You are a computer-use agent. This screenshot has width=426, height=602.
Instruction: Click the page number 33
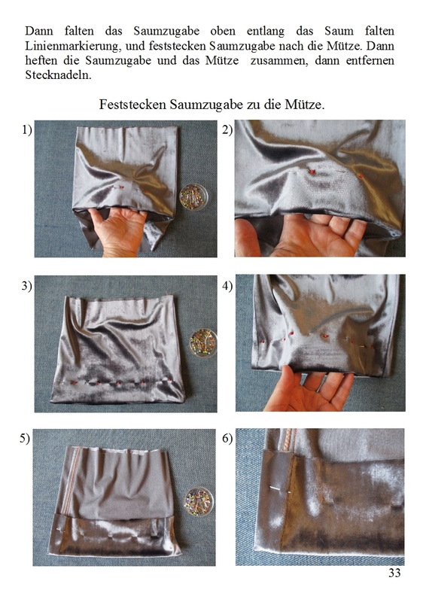[394, 573]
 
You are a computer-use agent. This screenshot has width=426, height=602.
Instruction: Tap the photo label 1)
[27, 130]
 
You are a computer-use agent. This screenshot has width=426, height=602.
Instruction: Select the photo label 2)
[227, 130]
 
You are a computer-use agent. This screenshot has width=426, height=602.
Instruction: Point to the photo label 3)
[27, 286]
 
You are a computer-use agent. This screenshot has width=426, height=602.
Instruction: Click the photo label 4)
[227, 286]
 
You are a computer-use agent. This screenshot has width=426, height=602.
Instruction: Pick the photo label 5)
[25, 439]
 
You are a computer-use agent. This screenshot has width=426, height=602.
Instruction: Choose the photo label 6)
[227, 439]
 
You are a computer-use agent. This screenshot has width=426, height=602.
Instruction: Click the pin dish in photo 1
[193, 196]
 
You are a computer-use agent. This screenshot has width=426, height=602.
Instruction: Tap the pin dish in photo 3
[203, 343]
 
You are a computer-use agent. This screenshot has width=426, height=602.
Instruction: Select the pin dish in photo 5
[198, 501]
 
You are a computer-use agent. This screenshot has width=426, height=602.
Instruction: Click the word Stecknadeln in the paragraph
[59, 74]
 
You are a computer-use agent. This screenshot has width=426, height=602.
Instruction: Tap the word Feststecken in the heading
[132, 105]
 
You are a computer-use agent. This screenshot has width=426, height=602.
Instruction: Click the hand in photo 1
[117, 230]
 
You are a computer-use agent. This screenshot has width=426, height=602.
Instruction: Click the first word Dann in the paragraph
[39, 31]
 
